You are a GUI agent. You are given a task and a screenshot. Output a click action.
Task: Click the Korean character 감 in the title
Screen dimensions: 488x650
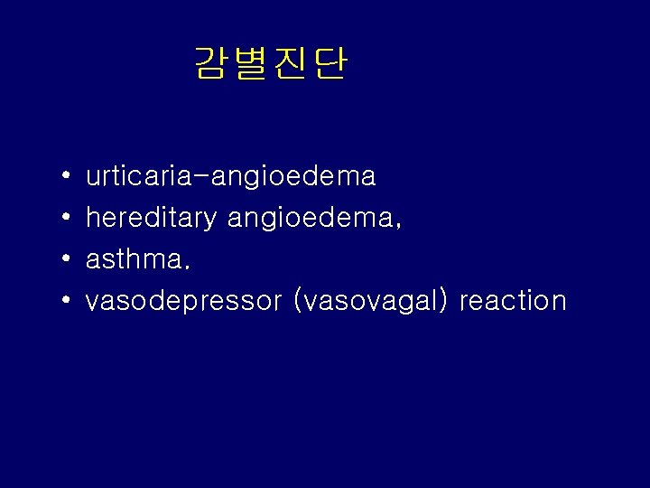click(x=212, y=63)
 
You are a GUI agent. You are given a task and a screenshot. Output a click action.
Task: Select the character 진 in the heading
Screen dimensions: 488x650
click(x=291, y=63)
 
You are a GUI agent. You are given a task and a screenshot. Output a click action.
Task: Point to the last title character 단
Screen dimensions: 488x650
click(x=330, y=63)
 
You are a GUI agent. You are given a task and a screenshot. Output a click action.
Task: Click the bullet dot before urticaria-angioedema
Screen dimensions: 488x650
click(x=68, y=176)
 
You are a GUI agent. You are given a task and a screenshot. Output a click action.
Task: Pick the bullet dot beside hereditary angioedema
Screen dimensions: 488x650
click(x=68, y=218)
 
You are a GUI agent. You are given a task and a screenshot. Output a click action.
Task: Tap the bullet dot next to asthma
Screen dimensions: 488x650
click(x=68, y=259)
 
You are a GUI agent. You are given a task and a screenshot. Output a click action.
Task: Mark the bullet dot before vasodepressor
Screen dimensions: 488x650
click(x=68, y=301)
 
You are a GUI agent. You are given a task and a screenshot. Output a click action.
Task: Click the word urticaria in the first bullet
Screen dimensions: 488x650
click(x=136, y=176)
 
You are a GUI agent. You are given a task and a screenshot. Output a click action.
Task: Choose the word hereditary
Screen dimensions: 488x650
click(x=151, y=218)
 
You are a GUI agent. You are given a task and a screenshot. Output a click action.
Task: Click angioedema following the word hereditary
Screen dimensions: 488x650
click(x=309, y=218)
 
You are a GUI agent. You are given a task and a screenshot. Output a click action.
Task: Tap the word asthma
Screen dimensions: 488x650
click(x=132, y=259)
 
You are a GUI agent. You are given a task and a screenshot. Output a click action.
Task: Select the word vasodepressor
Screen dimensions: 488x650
click(x=183, y=301)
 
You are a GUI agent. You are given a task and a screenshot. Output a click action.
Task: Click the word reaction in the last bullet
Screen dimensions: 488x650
click(x=513, y=301)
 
